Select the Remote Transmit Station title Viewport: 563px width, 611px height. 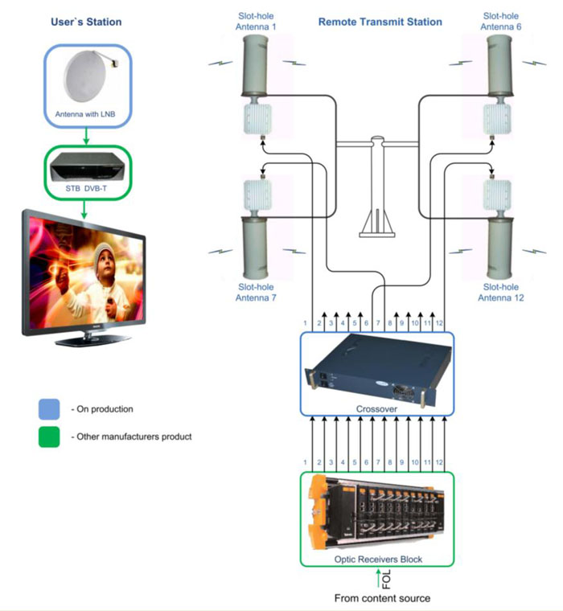pyautogui.click(x=380, y=22)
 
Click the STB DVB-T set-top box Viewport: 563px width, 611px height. pyautogui.click(x=85, y=166)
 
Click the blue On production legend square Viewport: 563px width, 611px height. pyautogui.click(x=49, y=409)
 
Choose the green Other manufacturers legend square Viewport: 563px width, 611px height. pyautogui.click(x=49, y=437)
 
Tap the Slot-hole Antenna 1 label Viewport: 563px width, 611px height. pyautogui.click(x=256, y=21)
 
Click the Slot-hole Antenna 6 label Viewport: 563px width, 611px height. pyautogui.click(x=502, y=21)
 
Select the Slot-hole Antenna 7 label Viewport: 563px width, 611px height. pyautogui.click(x=256, y=293)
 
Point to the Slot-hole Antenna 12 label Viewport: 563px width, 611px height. pyautogui.click(x=502, y=293)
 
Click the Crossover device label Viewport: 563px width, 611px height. pyautogui.click(x=377, y=408)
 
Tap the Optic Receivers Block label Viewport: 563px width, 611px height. pyautogui.click(x=377, y=559)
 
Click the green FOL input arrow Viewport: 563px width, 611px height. pyautogui.click(x=377, y=579)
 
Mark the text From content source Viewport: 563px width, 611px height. pyautogui.click(x=377, y=598)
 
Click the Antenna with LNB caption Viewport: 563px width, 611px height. pyautogui.click(x=85, y=115)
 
